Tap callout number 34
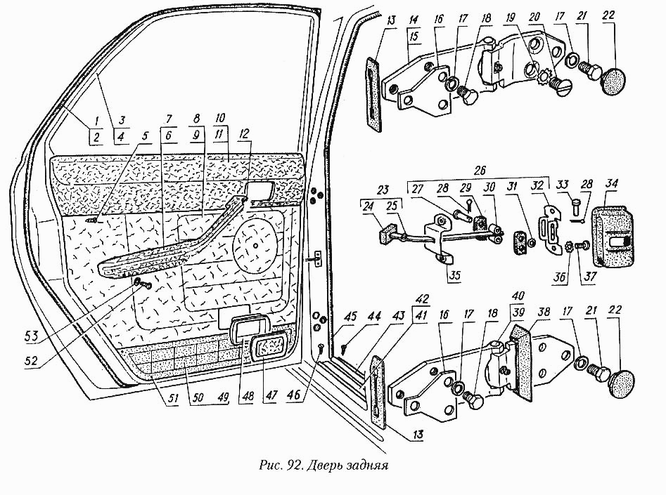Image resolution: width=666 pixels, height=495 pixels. [x=612, y=184]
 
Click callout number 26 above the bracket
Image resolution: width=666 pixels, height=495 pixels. [x=480, y=171]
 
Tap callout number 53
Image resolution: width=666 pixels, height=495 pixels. [x=32, y=336]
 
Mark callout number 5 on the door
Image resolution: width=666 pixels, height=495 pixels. [x=146, y=136]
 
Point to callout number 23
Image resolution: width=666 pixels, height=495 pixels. [x=383, y=189]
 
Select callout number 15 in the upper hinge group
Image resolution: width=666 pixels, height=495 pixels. [x=414, y=36]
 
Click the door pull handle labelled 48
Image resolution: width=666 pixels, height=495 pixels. [x=247, y=330]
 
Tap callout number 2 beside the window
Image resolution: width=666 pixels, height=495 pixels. [x=96, y=137]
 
